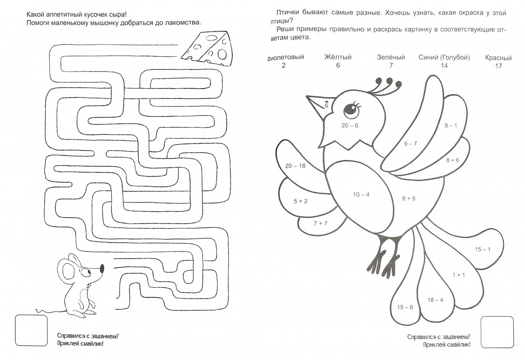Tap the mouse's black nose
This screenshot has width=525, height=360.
pos(102,268)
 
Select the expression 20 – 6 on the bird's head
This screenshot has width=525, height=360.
pos(350,126)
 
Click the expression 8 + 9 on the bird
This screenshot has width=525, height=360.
pos(409,199)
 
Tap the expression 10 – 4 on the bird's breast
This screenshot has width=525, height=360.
pos(361,195)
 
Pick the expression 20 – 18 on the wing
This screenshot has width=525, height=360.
pos(295,166)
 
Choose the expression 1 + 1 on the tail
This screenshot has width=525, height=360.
pos(459,275)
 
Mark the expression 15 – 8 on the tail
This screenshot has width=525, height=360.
pos(405,307)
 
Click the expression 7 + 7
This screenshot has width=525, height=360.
pos(320,223)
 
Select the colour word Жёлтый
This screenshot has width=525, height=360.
pos(338,57)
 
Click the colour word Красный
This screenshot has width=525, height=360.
pos(498,58)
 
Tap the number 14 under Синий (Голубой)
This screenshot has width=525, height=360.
pos(444,66)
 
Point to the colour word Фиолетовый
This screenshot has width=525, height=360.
pos(286,57)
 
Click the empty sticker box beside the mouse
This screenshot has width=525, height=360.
pos(31,330)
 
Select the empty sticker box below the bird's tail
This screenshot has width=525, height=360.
pos(497,332)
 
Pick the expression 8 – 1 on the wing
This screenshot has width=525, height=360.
pos(451,126)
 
